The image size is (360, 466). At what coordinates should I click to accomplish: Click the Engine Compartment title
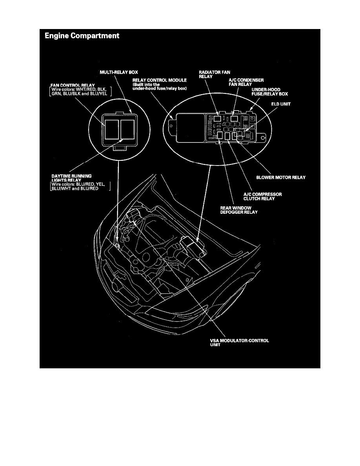[x=82, y=36]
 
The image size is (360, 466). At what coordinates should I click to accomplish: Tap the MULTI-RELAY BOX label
[x=119, y=72]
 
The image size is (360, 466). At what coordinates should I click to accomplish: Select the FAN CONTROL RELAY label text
[x=73, y=85]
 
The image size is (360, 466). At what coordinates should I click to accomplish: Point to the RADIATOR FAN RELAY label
[x=215, y=74]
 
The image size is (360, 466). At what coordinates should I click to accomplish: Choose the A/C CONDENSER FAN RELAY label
[x=246, y=82]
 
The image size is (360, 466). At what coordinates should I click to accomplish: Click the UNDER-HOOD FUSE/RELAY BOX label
[x=270, y=92]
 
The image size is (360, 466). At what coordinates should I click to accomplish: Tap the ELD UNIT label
[x=281, y=104]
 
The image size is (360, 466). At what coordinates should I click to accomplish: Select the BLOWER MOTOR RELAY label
[x=281, y=177]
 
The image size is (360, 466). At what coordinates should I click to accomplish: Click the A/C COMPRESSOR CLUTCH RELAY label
[x=263, y=197]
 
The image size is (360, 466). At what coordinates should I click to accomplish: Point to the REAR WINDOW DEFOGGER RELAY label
[x=239, y=210]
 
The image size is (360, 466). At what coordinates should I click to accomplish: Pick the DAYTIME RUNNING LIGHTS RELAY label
[x=72, y=178]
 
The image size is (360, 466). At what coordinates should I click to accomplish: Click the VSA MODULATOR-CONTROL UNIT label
[x=239, y=343]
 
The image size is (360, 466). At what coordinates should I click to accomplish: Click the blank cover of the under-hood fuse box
[x=190, y=128]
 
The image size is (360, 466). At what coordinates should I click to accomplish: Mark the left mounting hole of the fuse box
[x=171, y=126]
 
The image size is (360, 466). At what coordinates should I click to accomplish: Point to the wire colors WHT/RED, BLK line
[x=79, y=89]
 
